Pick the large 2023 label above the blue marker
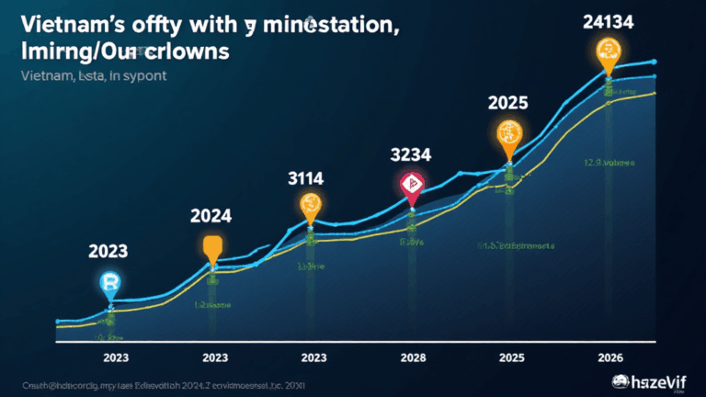[108, 250]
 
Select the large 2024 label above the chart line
[212, 216]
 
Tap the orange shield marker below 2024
[212, 248]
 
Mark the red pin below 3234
[412, 186]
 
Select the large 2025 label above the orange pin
[507, 102]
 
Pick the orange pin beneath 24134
[608, 52]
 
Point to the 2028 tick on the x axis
[412, 357]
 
